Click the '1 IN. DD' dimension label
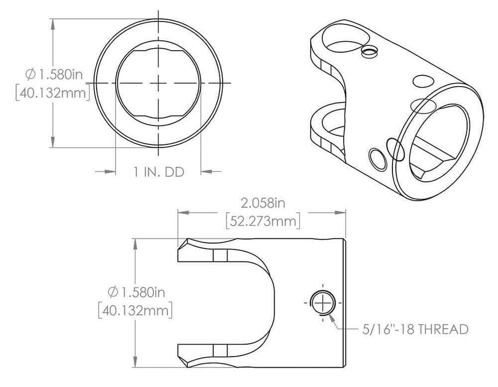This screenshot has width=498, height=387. click(159, 172)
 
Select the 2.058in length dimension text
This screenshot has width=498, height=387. click(263, 203)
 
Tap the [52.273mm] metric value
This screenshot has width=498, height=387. click(263, 221)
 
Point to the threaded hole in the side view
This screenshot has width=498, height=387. click(322, 302)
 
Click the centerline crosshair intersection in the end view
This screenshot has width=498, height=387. click(159, 83)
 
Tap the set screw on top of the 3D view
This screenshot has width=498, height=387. click(369, 52)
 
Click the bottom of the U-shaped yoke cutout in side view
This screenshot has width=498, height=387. click(274, 302)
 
